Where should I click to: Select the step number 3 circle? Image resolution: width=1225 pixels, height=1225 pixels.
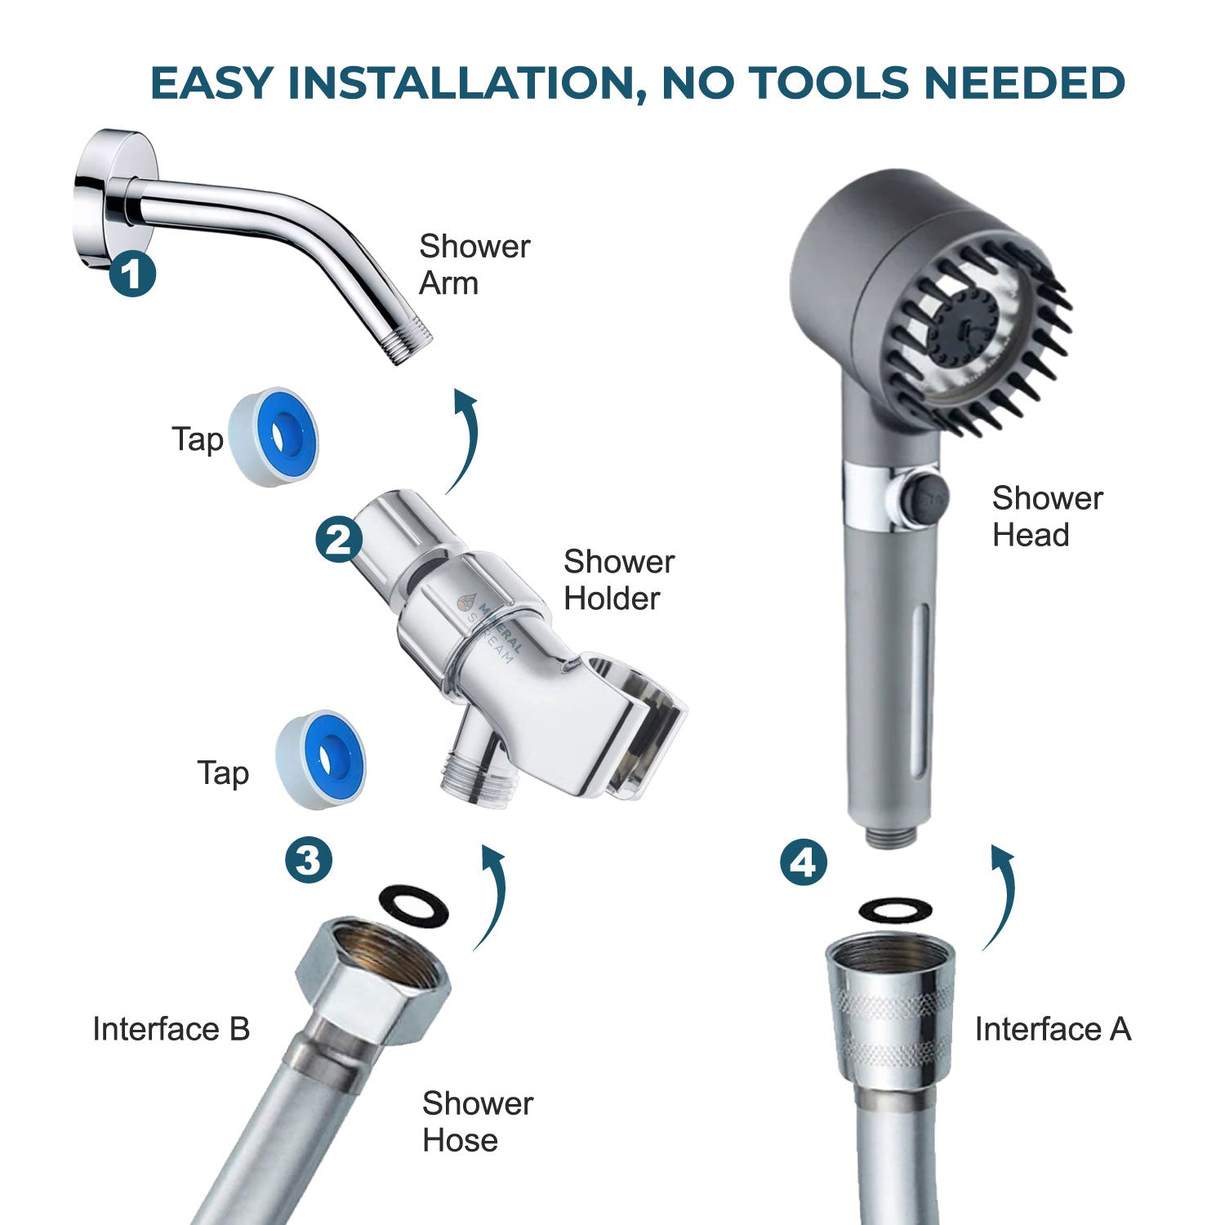(309, 859)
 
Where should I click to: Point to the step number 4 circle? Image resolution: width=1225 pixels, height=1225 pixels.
(804, 862)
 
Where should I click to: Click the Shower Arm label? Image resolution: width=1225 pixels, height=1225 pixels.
(474, 265)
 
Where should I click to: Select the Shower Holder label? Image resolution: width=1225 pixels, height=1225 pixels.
(618, 580)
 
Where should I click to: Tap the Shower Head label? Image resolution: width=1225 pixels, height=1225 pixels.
(1047, 516)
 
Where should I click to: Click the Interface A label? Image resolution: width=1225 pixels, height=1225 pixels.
(1053, 1029)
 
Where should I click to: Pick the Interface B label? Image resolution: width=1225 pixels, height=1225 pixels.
(171, 1029)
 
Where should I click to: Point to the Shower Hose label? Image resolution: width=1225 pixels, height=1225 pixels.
(477, 1121)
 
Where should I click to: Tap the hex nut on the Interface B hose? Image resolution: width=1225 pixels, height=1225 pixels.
(372, 976)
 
